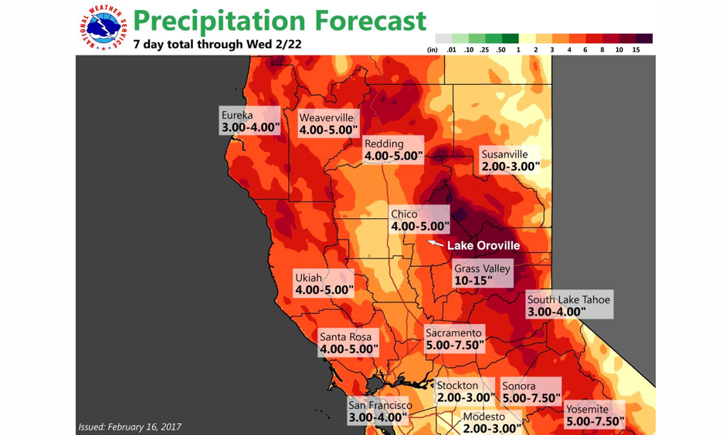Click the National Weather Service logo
coord(103,29)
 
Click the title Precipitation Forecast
coord(279,20)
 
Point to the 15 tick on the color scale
coord(635,49)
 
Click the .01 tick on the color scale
coord(452,49)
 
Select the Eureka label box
coord(249,121)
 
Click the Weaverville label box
coord(328,123)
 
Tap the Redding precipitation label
coord(393,150)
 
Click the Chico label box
coord(419,221)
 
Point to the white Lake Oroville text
coord(483,245)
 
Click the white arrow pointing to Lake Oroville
coord(436,244)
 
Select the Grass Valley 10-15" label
coord(482,275)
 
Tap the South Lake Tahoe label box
coord(568,305)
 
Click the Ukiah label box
coord(324,285)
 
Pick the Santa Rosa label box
coord(349,343)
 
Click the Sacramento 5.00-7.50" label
coord(455,339)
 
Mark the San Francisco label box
coord(379,411)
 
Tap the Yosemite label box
coord(594,416)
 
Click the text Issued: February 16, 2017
coord(130,426)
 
